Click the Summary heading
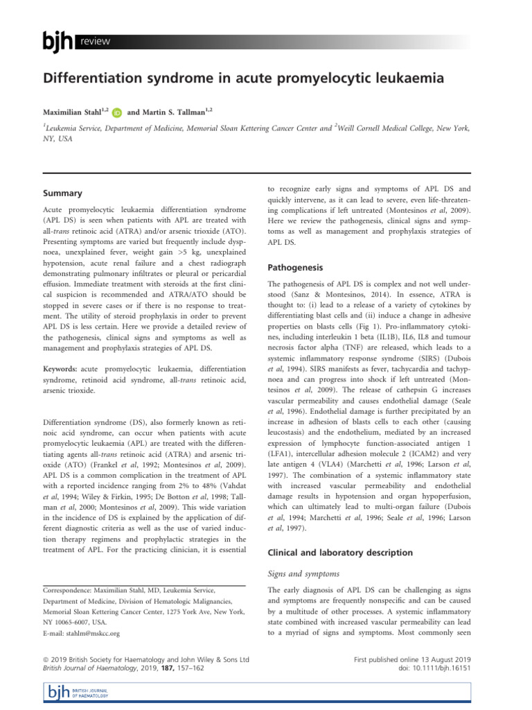(x=64, y=193)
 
